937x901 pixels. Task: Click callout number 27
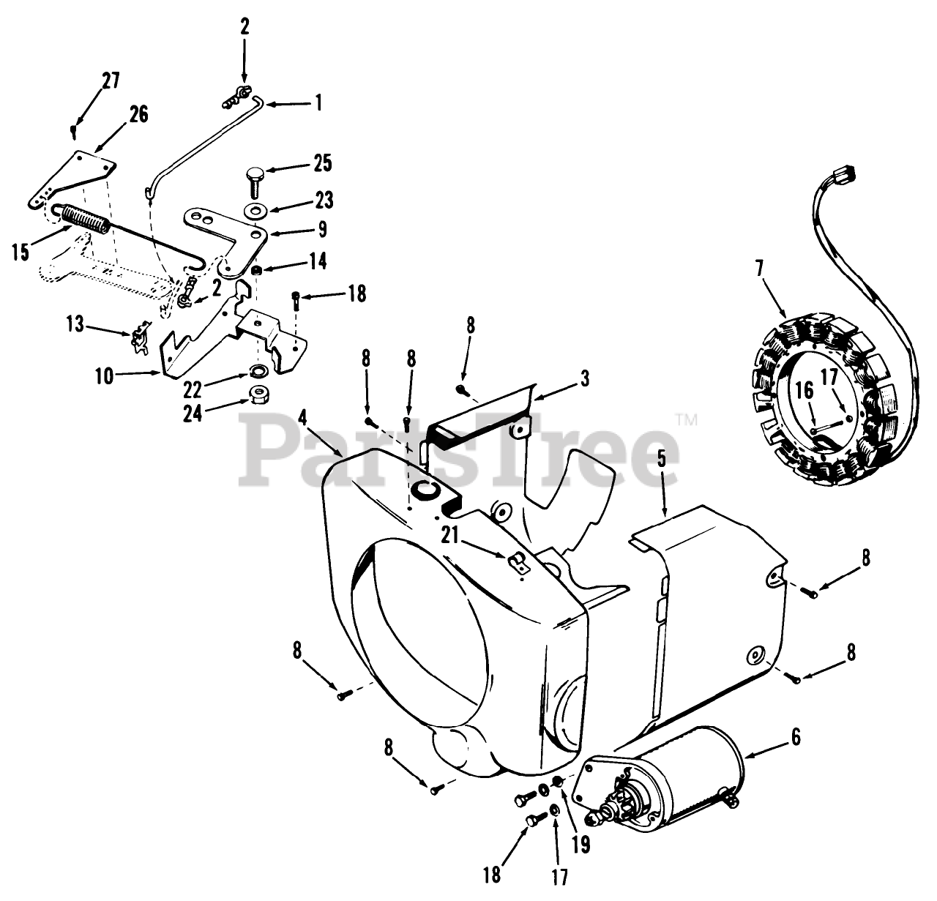coord(111,80)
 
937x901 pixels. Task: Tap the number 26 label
coord(138,113)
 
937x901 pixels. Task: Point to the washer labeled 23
coord(256,212)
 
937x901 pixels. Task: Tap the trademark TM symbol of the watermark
coord(689,420)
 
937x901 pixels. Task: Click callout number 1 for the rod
coord(318,102)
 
